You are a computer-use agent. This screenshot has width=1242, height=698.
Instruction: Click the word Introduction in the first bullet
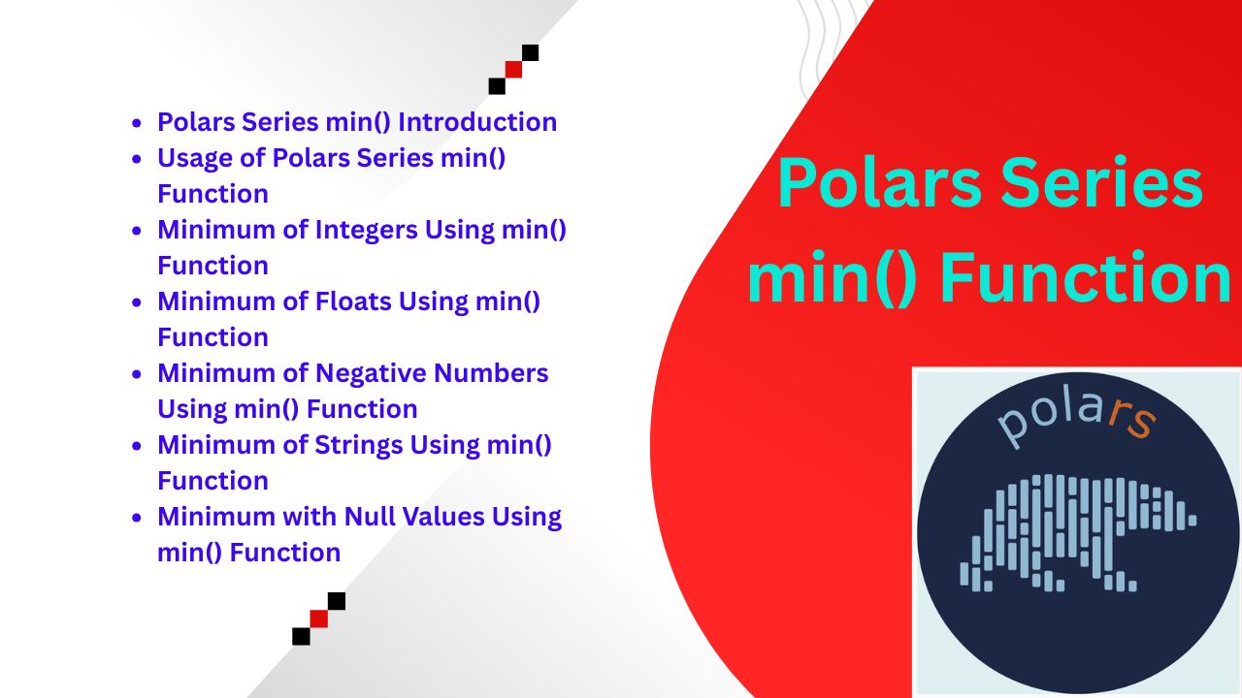click(x=477, y=122)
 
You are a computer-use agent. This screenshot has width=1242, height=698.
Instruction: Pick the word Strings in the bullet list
click(x=359, y=446)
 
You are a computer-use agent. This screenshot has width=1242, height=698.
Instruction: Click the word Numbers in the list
click(x=491, y=373)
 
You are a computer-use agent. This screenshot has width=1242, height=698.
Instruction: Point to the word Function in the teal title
click(x=1086, y=277)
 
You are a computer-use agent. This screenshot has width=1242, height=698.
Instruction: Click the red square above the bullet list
click(x=513, y=70)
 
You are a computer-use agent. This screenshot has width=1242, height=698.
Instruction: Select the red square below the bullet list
click(x=319, y=619)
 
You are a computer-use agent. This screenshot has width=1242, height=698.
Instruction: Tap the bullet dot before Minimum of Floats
click(x=137, y=302)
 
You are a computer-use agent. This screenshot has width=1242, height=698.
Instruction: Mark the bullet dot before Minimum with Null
click(x=137, y=518)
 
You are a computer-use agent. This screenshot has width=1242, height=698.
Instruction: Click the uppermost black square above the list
click(x=530, y=52)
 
